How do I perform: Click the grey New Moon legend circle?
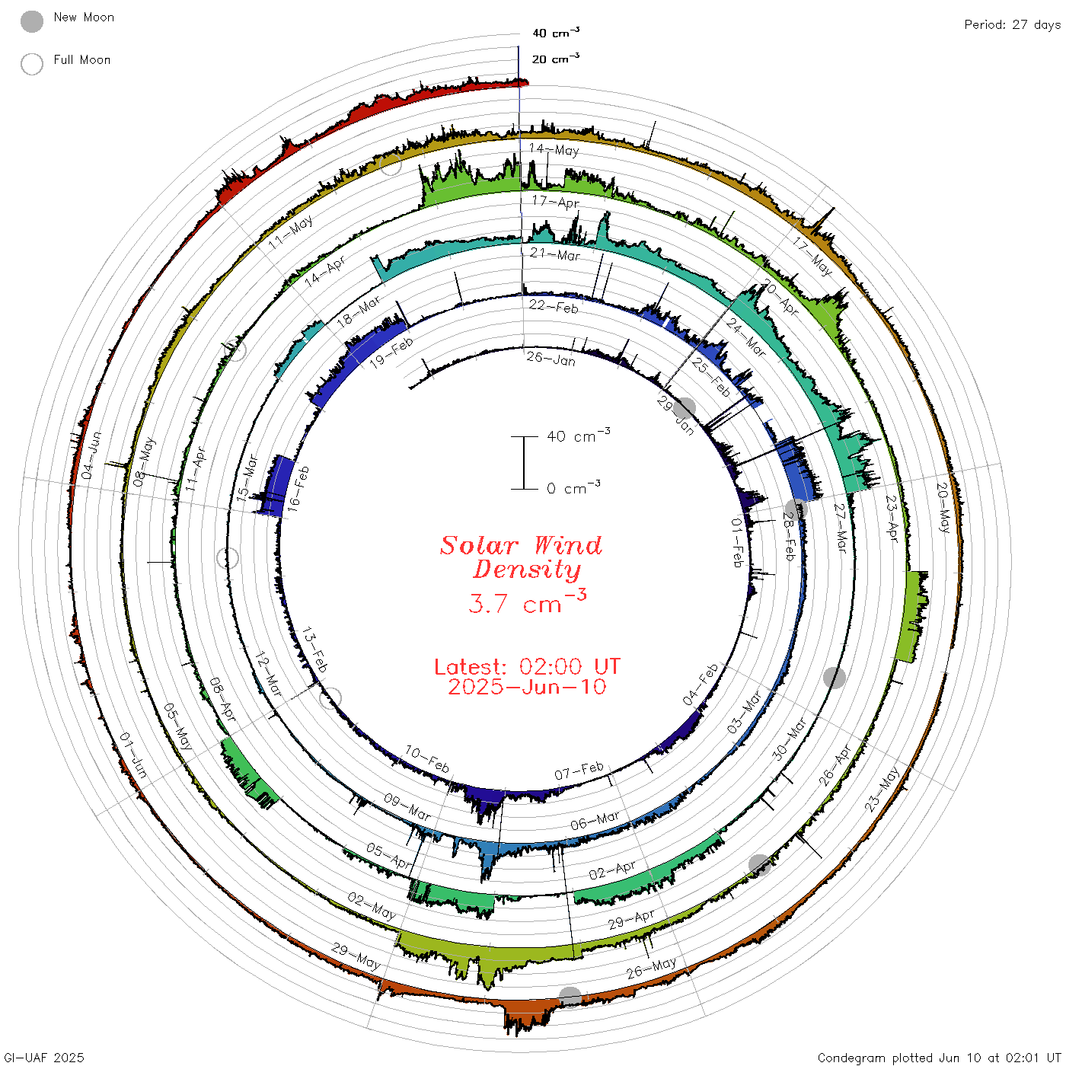(x=31, y=21)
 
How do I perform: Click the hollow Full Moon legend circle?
(x=31, y=64)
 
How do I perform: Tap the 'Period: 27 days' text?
(x=1012, y=25)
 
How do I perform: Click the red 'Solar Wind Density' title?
(x=521, y=557)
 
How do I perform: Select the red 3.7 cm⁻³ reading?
(x=527, y=602)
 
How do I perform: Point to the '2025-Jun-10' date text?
(x=527, y=687)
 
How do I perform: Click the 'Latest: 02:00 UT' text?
(x=527, y=666)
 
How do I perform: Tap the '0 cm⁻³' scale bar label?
(x=573, y=487)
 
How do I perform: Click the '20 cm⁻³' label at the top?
(x=555, y=58)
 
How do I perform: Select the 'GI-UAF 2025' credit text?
(x=43, y=1057)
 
